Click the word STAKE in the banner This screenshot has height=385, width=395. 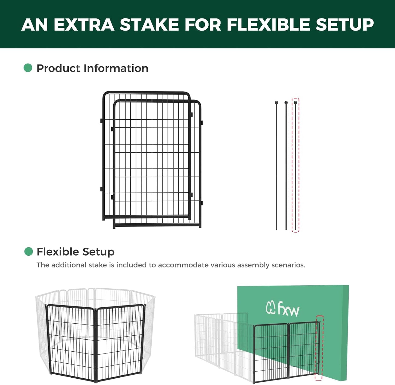149,25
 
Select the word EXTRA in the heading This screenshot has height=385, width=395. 84,25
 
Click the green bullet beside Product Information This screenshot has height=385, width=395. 28,68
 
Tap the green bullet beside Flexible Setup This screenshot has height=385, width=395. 28,251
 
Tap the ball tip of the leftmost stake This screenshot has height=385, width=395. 276,103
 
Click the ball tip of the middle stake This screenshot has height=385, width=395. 286,103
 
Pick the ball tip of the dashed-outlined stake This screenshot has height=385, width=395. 295,103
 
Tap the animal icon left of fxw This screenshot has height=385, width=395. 270,308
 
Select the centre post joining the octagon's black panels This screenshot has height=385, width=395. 95,345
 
